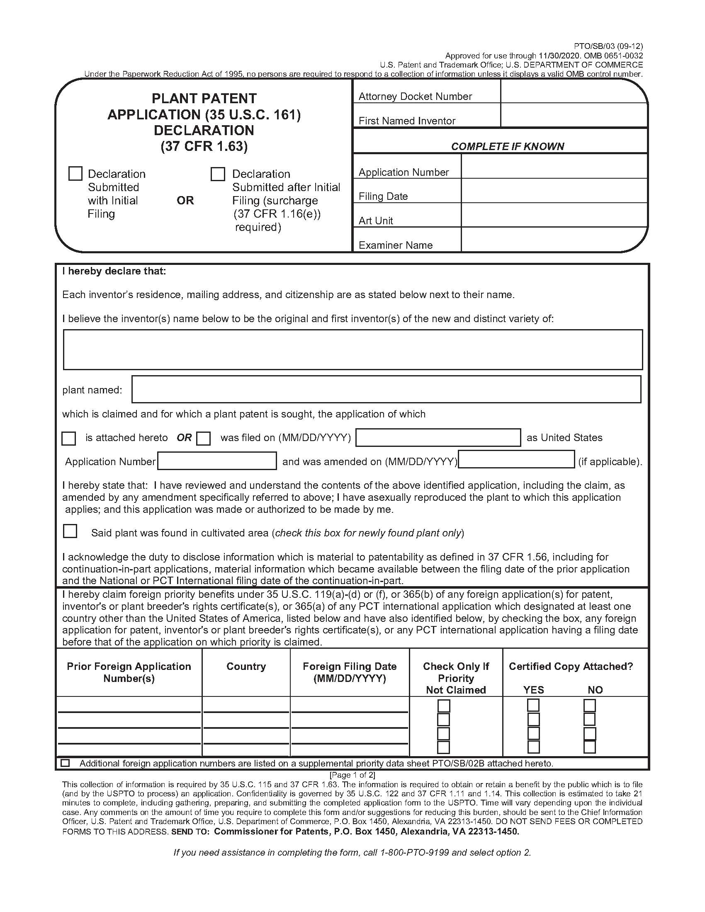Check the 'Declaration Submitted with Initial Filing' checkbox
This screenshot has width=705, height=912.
pos(75,174)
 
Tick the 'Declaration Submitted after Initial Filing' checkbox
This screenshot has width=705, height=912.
pos(218,174)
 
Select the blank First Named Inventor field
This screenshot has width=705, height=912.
pos(573,115)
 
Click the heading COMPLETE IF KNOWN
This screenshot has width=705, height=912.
pos(507,146)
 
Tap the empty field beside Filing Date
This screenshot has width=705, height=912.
pos(554,191)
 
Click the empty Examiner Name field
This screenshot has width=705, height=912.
pos(554,240)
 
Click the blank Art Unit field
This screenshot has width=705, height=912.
pos(554,216)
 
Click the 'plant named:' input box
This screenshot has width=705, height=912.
pos(386,389)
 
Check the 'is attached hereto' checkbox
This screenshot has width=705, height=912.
pos(69,439)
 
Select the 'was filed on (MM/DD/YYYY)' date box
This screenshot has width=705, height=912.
pos(438,438)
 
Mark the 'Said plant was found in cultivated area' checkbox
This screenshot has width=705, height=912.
pos(70,531)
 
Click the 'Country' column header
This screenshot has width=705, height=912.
pos(246,667)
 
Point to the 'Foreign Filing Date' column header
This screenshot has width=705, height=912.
pos(350,672)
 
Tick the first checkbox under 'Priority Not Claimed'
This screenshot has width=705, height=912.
pos(443,706)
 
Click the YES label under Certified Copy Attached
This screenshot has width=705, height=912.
pos(533,690)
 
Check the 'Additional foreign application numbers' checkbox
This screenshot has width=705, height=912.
pos(65,763)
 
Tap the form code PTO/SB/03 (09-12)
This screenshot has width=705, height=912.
pos(608,46)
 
